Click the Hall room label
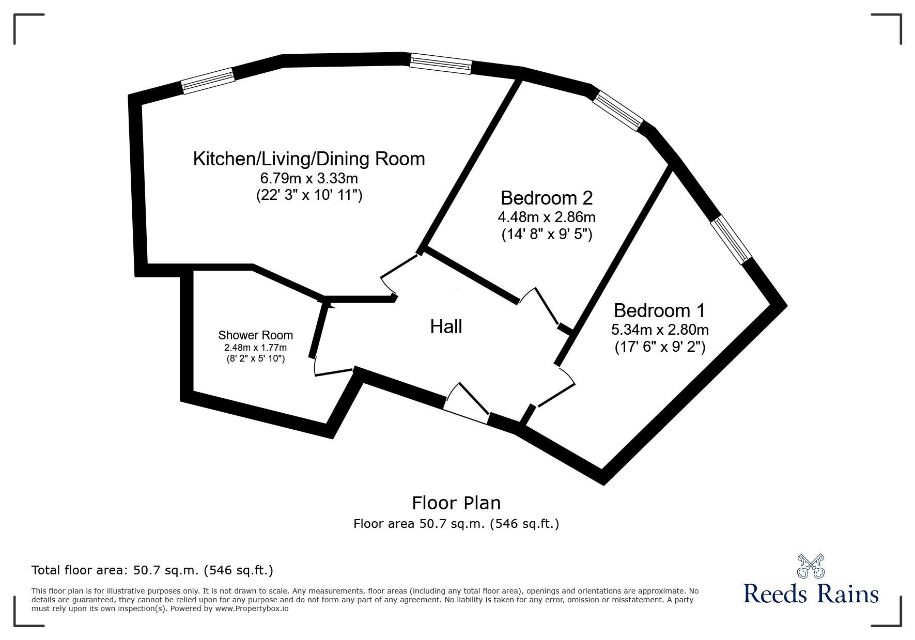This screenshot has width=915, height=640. click(446, 327)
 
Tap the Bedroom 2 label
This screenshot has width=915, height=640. click(547, 198)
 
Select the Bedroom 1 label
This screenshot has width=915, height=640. click(659, 310)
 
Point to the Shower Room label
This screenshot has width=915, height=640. click(255, 335)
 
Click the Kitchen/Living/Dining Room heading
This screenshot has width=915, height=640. click(309, 159)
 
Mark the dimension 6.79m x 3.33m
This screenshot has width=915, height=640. click(309, 179)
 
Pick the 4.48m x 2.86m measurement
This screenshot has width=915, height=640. click(547, 217)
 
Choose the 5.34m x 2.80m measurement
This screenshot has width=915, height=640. click(659, 330)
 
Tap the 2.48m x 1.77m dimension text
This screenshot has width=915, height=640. click(255, 348)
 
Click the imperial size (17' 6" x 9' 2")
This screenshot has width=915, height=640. click(659, 347)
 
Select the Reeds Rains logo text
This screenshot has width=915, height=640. click(811, 594)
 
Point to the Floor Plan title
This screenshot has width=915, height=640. click(456, 503)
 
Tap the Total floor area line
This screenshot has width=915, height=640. click(152, 570)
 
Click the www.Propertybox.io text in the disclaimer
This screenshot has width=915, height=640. click(252, 608)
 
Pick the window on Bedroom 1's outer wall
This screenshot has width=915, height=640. click(731, 240)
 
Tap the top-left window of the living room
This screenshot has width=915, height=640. click(208, 82)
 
